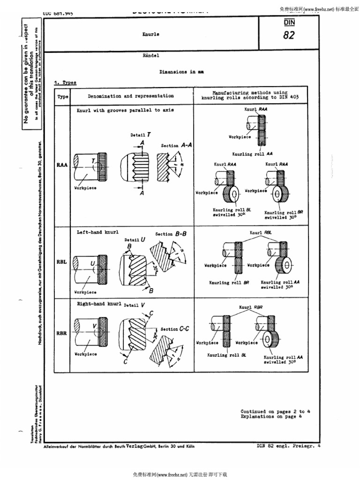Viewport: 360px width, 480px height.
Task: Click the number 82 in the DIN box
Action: coord(289,35)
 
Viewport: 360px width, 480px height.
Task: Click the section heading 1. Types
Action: coord(65,82)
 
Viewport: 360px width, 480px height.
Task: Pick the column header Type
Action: coord(63,97)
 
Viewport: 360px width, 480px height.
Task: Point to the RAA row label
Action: coord(62,165)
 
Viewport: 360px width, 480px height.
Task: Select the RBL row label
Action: coord(62,262)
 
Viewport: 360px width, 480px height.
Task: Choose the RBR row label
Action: coord(62,333)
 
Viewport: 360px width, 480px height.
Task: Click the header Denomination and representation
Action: coord(131,96)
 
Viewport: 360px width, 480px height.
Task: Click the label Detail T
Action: coord(141,135)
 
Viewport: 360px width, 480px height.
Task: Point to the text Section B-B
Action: coord(171,234)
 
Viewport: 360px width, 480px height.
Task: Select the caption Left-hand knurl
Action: coord(97,232)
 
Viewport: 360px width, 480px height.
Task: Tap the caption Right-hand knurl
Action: coord(99,304)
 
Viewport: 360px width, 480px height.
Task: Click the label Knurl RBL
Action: coord(261,232)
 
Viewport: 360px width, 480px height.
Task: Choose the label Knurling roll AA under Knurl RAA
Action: coord(253,154)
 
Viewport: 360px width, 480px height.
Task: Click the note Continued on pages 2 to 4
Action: coord(276,411)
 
